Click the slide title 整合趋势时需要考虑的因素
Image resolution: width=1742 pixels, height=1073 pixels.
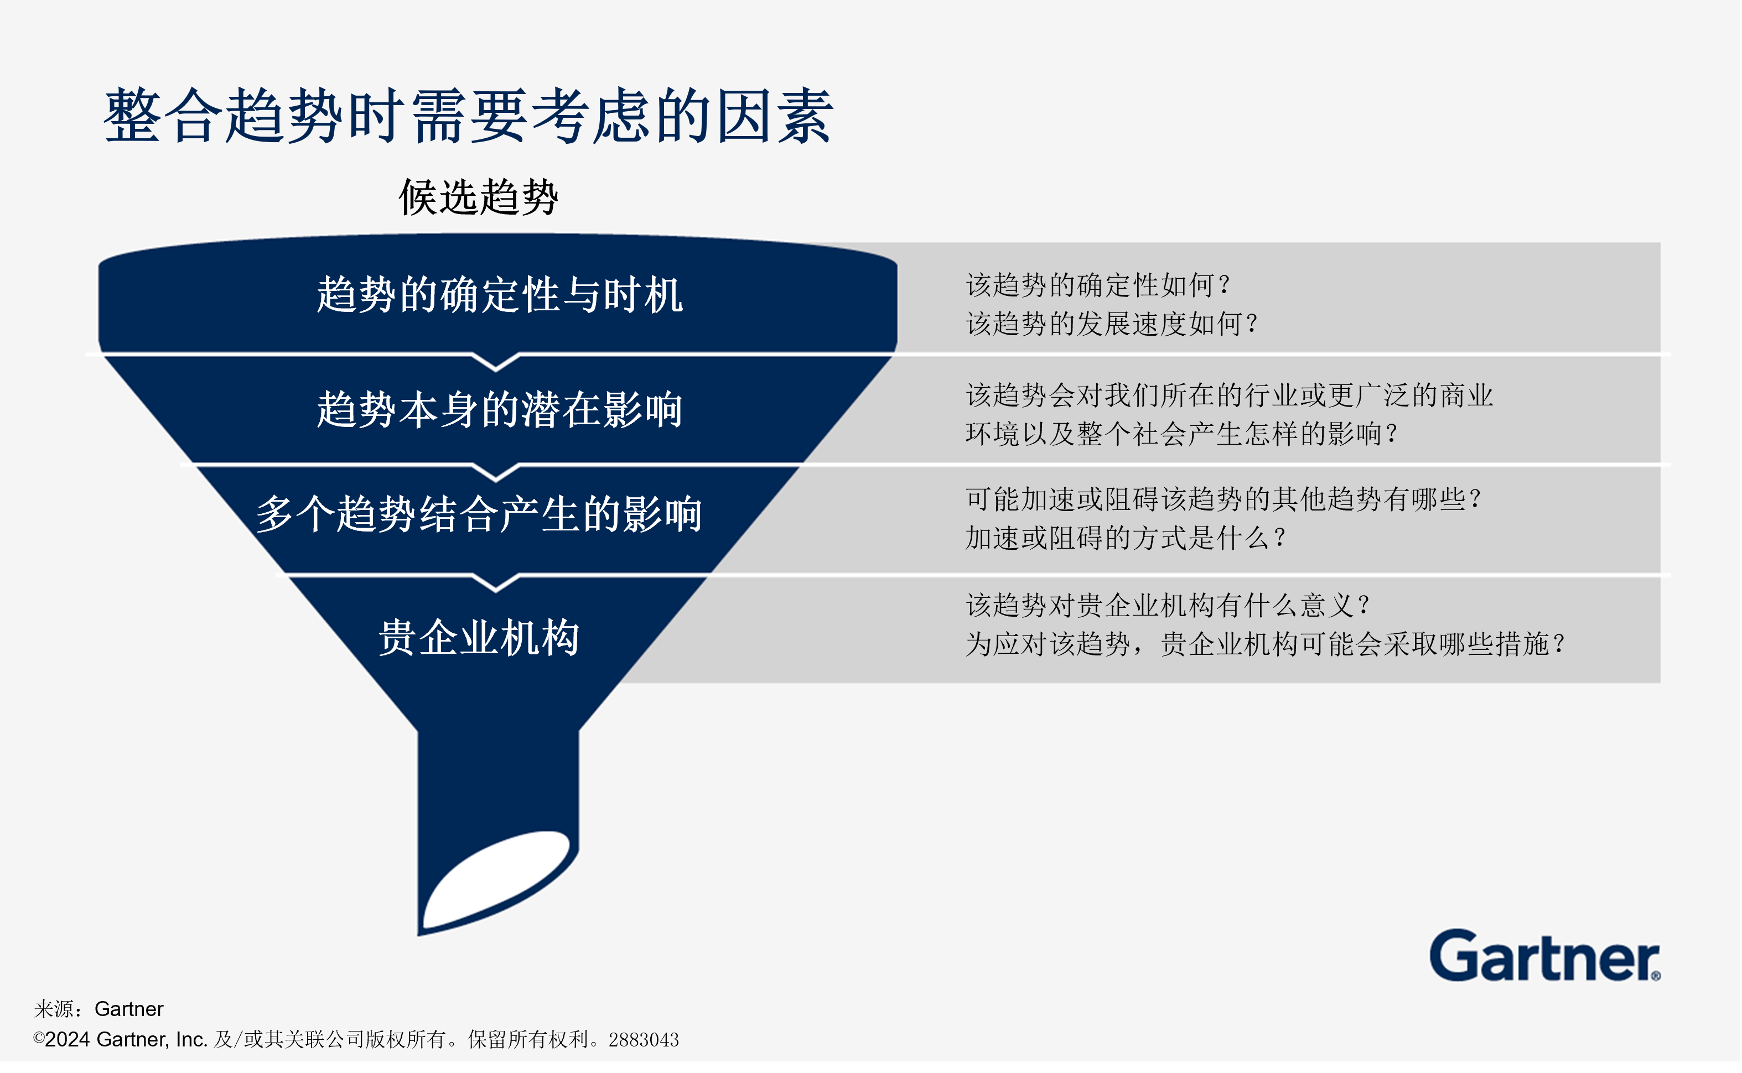pos(469,116)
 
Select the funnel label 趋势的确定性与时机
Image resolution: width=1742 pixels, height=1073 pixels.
pos(499,294)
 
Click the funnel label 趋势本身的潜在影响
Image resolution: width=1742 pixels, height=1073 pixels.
pos(499,409)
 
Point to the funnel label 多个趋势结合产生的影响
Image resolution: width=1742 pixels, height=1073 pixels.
pos(479,514)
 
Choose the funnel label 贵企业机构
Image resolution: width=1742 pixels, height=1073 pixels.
pos(479,637)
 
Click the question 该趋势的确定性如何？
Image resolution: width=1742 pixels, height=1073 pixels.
pos(1097,285)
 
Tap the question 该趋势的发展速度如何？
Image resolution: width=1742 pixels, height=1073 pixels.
pos(1112,324)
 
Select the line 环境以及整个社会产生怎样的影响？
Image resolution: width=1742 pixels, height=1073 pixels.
pos(1181,434)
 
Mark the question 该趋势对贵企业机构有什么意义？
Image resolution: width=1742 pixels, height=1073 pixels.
pos(1168,605)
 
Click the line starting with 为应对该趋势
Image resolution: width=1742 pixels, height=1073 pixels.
pos(1265,644)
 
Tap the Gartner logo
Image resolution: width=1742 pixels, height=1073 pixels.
pos(1541,957)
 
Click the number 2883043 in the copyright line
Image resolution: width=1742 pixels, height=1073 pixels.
pos(643,1040)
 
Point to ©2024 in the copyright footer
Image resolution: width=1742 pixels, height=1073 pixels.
pos(62,1040)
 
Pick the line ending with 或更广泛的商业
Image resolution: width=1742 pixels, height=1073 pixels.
pos(1229,395)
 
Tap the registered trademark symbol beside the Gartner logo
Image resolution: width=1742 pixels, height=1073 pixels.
pos(1655,976)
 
